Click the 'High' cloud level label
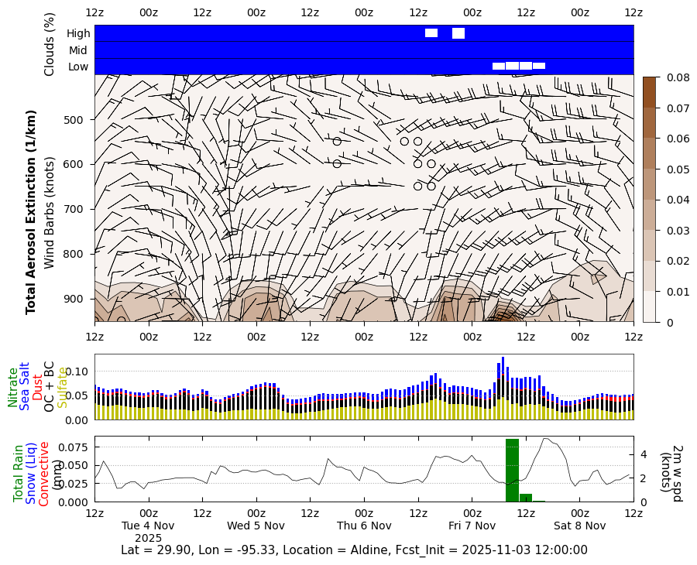click(x=78, y=33)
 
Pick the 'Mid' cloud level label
click(x=78, y=50)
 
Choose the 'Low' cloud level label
click(x=78, y=67)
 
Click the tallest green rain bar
click(x=512, y=471)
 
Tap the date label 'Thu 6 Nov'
click(x=364, y=526)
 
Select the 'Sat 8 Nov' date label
click(x=579, y=526)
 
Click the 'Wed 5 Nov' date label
click(x=256, y=526)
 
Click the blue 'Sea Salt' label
click(x=26, y=385)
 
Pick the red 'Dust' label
click(x=37, y=387)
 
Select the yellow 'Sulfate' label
click(x=63, y=387)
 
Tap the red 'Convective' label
click(x=44, y=474)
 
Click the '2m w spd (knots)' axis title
click(x=671, y=473)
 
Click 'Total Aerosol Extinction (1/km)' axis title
click(x=32, y=211)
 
